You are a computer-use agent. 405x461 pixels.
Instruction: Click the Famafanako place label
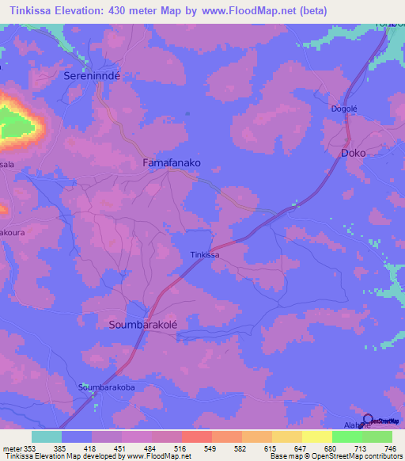click(171, 162)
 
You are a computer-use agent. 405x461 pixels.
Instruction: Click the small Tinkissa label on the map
click(204, 255)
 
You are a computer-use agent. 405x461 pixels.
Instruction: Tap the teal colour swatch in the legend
click(47, 436)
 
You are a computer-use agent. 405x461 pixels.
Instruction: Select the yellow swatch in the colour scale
click(316, 436)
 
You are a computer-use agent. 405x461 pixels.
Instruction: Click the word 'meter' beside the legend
click(13, 448)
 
